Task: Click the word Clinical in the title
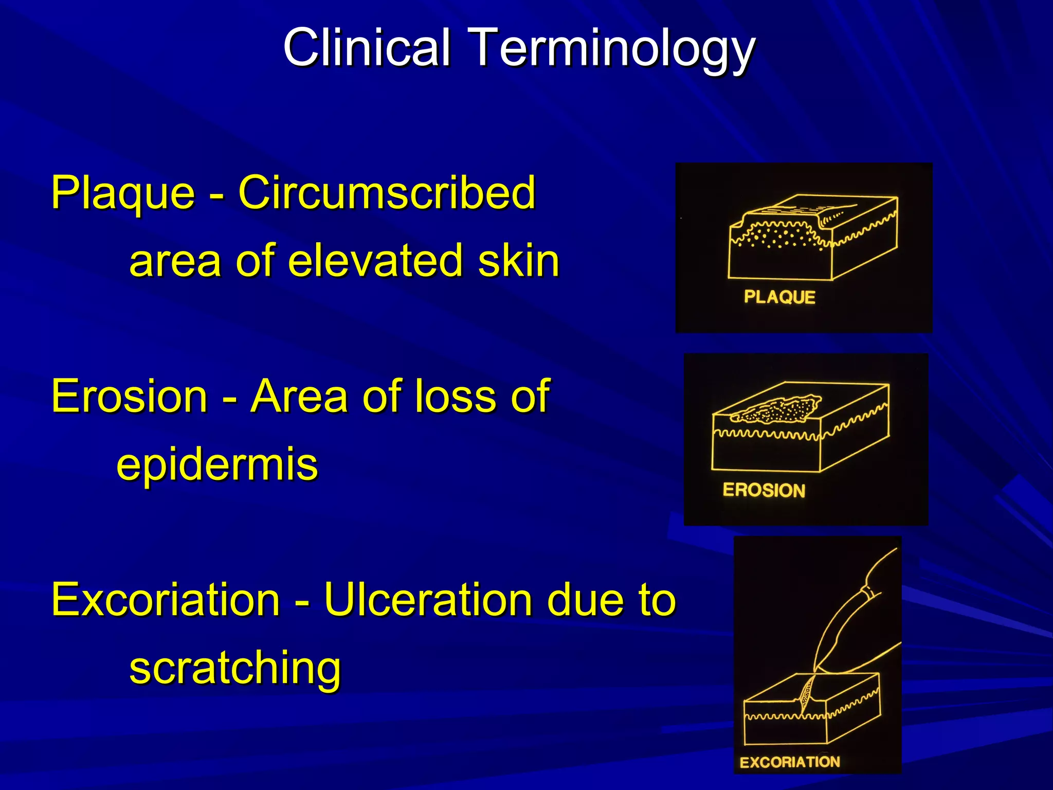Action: [367, 47]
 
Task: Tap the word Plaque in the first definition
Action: [123, 194]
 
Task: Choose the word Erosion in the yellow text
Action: [129, 396]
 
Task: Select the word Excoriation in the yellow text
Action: [166, 600]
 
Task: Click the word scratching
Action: [235, 669]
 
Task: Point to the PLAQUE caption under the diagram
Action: [779, 297]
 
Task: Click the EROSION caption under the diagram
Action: [764, 490]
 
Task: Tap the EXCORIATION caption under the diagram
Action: [789, 762]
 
